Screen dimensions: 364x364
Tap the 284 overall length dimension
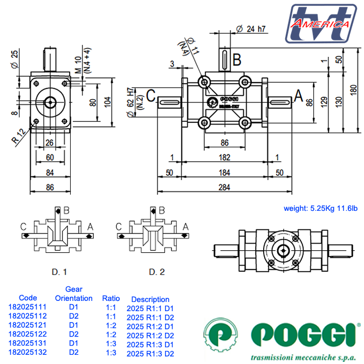click(224, 187)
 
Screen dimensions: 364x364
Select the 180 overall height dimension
click(354, 90)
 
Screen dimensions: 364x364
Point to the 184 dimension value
click(224, 173)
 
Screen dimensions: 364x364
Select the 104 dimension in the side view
click(107, 101)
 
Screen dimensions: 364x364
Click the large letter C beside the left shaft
click(152, 96)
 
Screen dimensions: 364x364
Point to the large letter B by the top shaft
click(236, 58)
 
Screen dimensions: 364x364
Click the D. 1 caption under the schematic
click(59, 271)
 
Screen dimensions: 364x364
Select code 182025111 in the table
click(27, 307)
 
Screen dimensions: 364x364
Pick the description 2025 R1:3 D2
click(150, 354)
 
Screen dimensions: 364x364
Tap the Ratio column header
click(112, 298)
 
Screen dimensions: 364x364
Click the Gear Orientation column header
click(74, 294)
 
